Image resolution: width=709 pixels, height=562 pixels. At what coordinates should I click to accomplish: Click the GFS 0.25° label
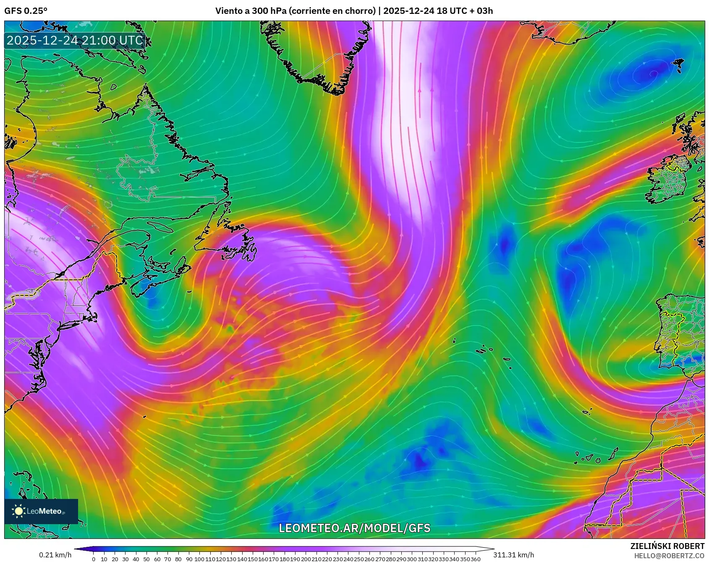pyautogui.click(x=26, y=11)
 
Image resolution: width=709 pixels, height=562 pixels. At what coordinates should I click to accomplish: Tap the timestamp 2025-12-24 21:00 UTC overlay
pyautogui.click(x=75, y=40)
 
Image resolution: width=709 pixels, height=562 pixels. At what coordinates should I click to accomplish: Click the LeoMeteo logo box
pyautogui.click(x=41, y=511)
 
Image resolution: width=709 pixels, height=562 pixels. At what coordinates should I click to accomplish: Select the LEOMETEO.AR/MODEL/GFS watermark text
pyautogui.click(x=354, y=528)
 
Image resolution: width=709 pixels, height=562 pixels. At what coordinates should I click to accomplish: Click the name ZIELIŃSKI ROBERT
pyautogui.click(x=667, y=546)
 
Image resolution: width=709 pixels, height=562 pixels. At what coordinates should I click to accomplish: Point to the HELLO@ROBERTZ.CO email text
pyautogui.click(x=669, y=556)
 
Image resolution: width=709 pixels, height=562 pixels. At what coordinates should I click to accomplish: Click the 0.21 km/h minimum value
pyautogui.click(x=55, y=555)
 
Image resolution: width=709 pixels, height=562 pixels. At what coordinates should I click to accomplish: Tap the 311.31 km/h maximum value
pyautogui.click(x=513, y=555)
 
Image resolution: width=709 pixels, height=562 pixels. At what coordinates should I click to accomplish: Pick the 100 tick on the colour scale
pyautogui.click(x=199, y=559)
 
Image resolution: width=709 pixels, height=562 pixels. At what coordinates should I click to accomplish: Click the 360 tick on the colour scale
pyautogui.click(x=475, y=559)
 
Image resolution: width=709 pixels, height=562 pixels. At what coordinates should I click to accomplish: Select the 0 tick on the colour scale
pyautogui.click(x=93, y=559)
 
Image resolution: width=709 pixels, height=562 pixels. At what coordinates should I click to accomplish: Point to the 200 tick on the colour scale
pyautogui.click(x=306, y=559)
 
